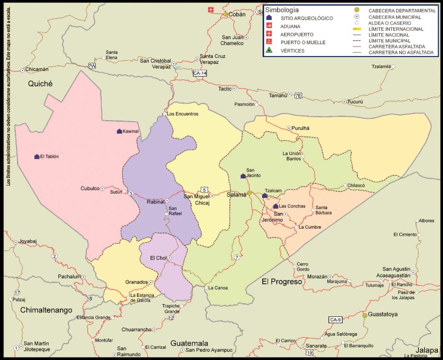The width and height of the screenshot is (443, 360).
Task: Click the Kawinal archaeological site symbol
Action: pos(119,131)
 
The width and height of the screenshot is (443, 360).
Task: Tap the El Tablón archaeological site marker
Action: pos(37,156)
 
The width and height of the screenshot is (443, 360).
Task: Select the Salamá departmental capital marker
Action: pos(249,193)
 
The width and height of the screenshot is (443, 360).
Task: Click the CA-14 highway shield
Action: pos(199,73)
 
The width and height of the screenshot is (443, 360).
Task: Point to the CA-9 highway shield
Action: pos(335,320)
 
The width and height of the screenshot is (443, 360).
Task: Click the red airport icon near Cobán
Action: pos(211,10)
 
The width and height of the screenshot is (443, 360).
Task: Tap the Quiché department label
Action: pos(40,84)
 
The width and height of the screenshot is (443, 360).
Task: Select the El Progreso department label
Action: pos(282,282)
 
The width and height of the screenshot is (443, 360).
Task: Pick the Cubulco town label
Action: pos(90,188)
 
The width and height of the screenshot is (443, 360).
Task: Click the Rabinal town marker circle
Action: pos(167,201)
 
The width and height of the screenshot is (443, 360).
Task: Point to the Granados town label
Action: pos(136,282)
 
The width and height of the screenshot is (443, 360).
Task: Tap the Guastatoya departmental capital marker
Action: pos(365,316)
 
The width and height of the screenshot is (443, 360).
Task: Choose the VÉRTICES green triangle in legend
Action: pos(269,51)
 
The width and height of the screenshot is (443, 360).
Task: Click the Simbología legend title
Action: pos(282,10)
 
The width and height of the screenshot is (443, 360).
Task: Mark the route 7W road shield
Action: pos(91,66)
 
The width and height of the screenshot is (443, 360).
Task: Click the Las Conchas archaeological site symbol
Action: pos(276,206)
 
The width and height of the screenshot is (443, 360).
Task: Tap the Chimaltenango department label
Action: pos(46,310)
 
